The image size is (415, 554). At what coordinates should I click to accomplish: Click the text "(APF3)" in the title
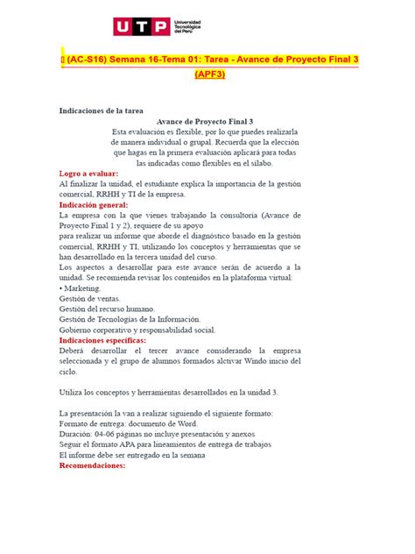209,75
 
